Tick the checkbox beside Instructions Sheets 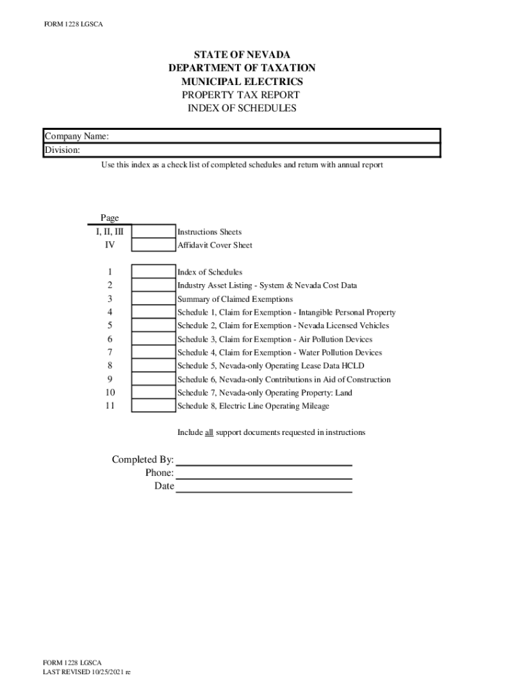click(153, 232)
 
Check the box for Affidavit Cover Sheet click(153, 245)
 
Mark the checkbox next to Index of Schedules click(153, 272)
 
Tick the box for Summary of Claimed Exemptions click(153, 299)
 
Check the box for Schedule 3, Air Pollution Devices click(153, 339)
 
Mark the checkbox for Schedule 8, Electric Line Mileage click(153, 406)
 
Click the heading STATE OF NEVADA click(242, 54)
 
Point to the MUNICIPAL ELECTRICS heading click(242, 82)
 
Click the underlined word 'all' click(209, 432)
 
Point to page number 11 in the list click(109, 406)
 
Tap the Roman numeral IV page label click(109, 245)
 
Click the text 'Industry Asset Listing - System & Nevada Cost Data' click(267, 285)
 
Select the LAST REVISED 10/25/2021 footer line click(86, 672)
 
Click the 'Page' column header click(109, 218)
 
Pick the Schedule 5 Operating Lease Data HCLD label click(270, 366)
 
